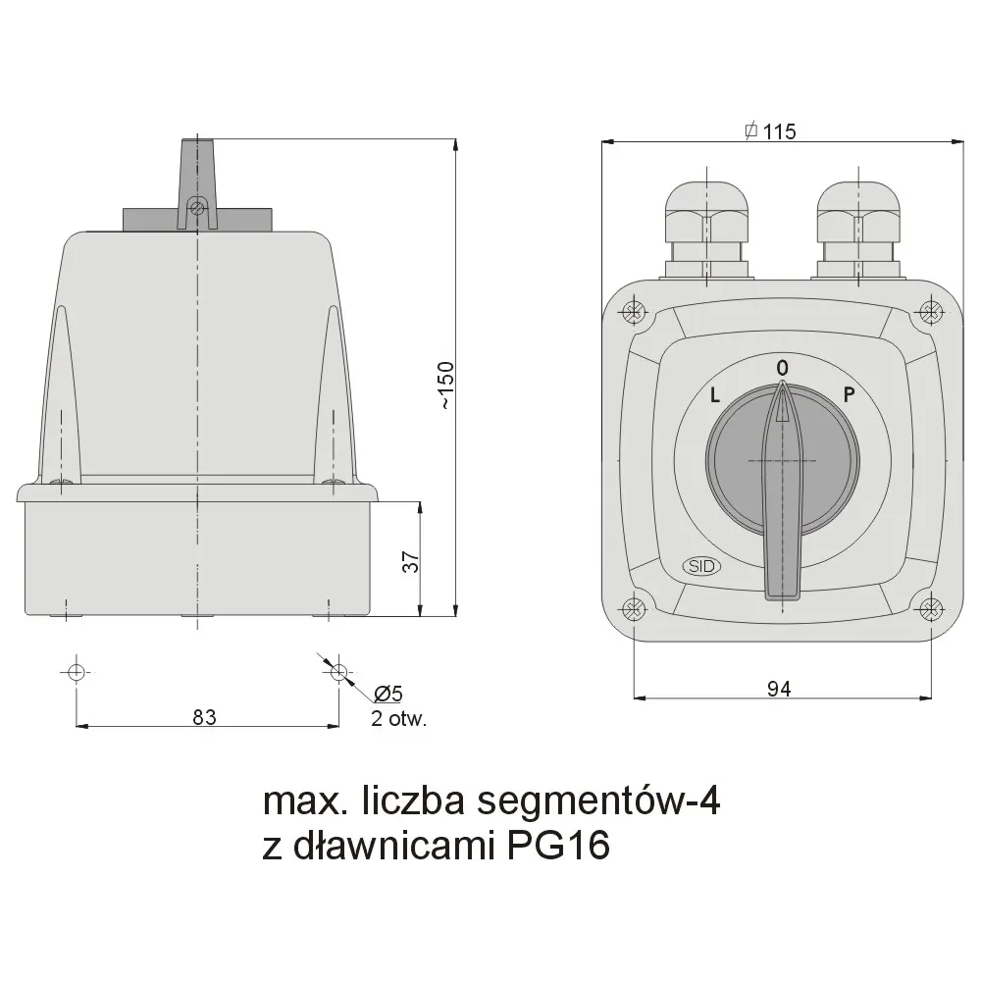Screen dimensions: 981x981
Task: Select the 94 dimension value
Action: point(778,690)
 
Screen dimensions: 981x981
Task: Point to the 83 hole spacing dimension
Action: point(203,716)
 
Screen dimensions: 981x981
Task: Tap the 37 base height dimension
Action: point(412,560)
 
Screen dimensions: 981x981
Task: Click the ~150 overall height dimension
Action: point(445,386)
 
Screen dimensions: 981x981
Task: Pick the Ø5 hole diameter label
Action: point(387,694)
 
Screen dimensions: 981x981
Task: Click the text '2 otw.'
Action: point(398,718)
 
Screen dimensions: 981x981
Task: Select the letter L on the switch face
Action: point(715,396)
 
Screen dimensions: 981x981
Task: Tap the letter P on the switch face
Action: point(850,395)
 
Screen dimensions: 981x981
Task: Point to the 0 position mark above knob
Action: point(782,367)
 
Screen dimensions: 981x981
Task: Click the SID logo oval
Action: point(700,566)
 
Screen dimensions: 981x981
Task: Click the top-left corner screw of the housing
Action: point(634,314)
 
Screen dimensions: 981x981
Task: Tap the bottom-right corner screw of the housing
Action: point(930,608)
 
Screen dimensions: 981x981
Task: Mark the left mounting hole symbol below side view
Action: point(77,672)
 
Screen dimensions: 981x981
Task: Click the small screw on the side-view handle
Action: point(197,207)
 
